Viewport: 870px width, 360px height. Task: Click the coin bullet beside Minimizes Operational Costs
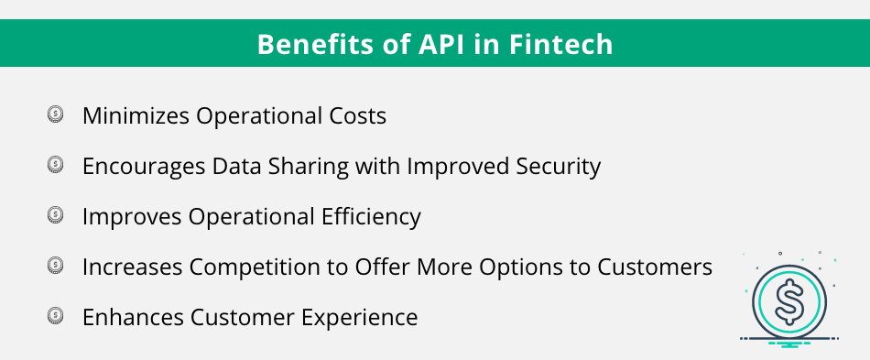(x=55, y=115)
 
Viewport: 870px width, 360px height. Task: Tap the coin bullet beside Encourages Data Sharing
(x=55, y=165)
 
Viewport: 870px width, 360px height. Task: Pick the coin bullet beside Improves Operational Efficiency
(x=55, y=215)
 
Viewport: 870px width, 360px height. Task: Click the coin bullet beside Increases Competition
(x=55, y=266)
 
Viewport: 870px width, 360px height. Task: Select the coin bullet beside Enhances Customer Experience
(x=55, y=316)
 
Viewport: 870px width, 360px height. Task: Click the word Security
(x=555, y=167)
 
